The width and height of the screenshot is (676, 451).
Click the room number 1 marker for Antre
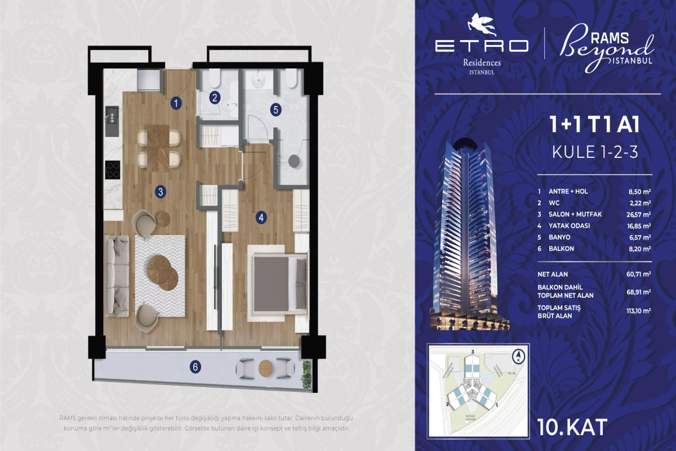pos(176,103)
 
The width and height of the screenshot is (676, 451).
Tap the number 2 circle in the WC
pos(214,98)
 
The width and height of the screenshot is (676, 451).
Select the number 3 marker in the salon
pos(161,192)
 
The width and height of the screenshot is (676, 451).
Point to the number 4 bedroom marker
pos(261,216)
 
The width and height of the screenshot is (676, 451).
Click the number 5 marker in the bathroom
pos(275,110)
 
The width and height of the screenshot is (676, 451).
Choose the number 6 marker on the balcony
pos(195,367)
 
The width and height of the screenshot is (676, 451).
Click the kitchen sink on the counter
pos(111,118)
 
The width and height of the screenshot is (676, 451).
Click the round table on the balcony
pos(266,368)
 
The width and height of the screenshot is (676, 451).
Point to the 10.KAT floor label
pos(572,427)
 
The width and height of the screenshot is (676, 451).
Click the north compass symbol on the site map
pos(517,356)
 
